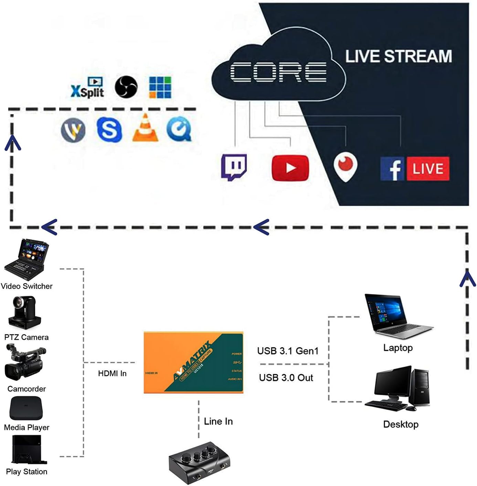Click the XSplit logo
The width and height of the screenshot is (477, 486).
coord(87,88)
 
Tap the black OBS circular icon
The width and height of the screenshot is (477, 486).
coord(126,87)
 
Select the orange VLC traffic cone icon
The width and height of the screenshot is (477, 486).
coord(145,128)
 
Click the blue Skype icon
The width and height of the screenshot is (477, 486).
coord(109,129)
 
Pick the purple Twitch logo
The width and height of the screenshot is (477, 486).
coord(234,167)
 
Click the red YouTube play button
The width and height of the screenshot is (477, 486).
coord(290,168)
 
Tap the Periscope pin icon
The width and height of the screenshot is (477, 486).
coord(345,166)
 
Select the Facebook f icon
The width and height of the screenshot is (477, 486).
coord(392,169)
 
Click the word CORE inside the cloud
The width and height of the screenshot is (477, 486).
coord(278,72)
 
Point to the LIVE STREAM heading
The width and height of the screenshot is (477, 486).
coord(398,56)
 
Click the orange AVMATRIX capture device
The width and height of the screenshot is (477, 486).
coord(193,362)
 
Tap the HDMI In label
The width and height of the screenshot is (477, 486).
coord(112,374)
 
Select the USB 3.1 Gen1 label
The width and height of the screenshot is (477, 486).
coord(288,351)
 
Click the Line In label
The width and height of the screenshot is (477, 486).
coord(218,421)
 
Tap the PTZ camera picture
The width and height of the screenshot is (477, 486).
coord(24,313)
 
